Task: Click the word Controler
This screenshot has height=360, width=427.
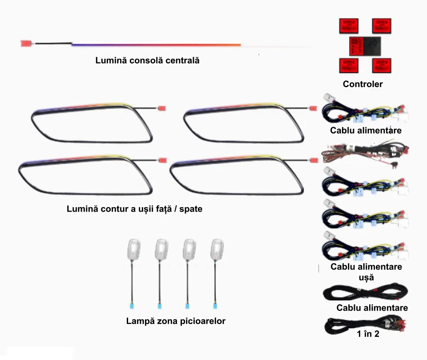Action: pos(363,84)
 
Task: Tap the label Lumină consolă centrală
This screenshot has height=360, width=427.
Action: pos(147,60)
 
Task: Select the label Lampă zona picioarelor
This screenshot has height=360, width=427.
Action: pos(176,321)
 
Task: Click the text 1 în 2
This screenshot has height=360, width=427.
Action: pos(368,334)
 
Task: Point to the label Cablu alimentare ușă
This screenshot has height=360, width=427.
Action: pos(366,272)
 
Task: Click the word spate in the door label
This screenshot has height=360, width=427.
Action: pos(191,209)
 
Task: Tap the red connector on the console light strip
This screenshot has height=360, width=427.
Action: pos(26,43)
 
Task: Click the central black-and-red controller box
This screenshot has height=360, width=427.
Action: pos(365,46)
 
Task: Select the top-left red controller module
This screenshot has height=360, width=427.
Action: pos(349,26)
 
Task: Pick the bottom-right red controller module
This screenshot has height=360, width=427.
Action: pos(382,66)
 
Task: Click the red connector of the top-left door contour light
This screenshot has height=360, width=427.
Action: pos(162,108)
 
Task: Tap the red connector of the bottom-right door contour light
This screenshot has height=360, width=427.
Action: pos(314,160)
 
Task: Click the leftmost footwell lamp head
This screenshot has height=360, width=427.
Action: pos(134,249)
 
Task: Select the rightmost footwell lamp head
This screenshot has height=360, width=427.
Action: pos(217,249)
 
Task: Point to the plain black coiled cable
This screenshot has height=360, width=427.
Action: pos(365,292)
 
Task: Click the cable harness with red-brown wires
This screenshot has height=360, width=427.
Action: pos(365,152)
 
